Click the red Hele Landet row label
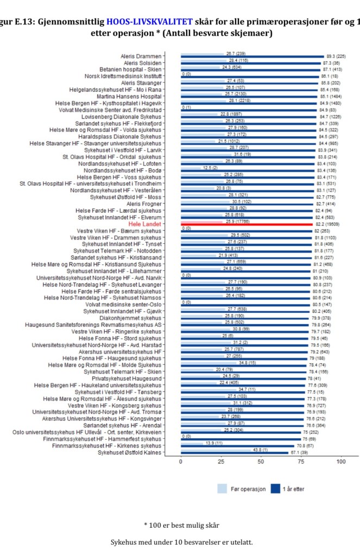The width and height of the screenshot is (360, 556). pyautogui.click(x=145, y=224)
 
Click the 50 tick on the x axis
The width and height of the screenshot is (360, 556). pyautogui.click(x=261, y=461)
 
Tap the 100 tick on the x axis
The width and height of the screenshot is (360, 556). pyautogui.click(x=341, y=461)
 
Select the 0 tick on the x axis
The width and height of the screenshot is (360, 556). pyautogui.click(x=181, y=461)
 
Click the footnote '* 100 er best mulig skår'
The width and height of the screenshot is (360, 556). pyautogui.click(x=181, y=525)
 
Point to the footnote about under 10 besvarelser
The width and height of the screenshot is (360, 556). pyautogui.click(x=181, y=542)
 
